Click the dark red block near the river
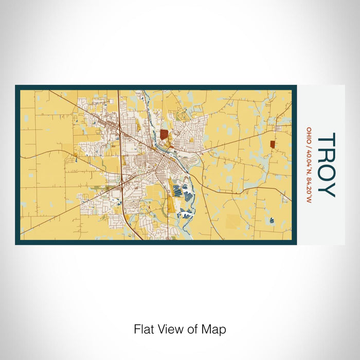point(164,134)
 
